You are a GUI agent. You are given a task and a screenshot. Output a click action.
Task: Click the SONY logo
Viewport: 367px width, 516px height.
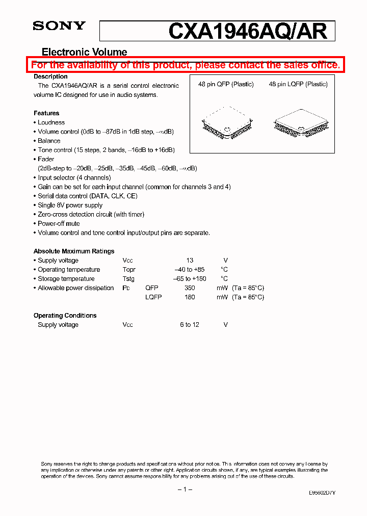[x=59, y=27]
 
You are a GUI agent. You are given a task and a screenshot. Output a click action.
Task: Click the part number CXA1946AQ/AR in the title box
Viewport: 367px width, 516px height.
[x=247, y=31]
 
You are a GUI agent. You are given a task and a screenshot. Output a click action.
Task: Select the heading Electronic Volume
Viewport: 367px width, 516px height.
[x=84, y=52]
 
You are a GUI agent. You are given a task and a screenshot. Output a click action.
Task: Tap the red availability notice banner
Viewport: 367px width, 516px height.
[x=185, y=65]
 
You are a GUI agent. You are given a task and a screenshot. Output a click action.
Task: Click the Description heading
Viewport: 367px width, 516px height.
[x=50, y=76]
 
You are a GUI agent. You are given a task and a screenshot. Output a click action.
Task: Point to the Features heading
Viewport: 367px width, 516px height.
[x=46, y=113]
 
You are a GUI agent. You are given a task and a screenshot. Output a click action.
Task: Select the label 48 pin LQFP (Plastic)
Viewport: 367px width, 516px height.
[x=298, y=84]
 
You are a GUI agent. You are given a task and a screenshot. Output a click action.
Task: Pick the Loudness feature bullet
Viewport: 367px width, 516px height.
[x=51, y=122]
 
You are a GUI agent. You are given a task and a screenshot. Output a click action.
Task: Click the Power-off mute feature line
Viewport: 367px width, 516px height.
[x=59, y=223]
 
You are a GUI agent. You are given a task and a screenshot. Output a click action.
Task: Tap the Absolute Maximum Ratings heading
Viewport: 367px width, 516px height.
[x=74, y=251]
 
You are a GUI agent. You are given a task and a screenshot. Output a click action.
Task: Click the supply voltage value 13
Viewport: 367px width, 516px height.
[x=190, y=261]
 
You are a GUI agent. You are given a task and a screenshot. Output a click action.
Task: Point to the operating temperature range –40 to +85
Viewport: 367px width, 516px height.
[x=189, y=270]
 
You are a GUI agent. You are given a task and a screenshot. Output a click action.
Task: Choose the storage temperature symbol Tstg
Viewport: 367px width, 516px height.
[x=128, y=279]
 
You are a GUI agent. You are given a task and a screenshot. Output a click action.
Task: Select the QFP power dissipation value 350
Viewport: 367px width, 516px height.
[x=190, y=288]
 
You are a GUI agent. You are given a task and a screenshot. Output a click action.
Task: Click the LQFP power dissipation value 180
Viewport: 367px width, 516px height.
[x=190, y=297]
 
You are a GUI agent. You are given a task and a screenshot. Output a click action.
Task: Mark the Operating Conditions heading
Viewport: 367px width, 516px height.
[x=65, y=316]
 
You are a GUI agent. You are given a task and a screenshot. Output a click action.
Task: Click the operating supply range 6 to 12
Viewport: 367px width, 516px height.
[x=189, y=325]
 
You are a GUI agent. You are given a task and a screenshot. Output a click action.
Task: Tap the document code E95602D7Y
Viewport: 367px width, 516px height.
[x=322, y=494]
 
